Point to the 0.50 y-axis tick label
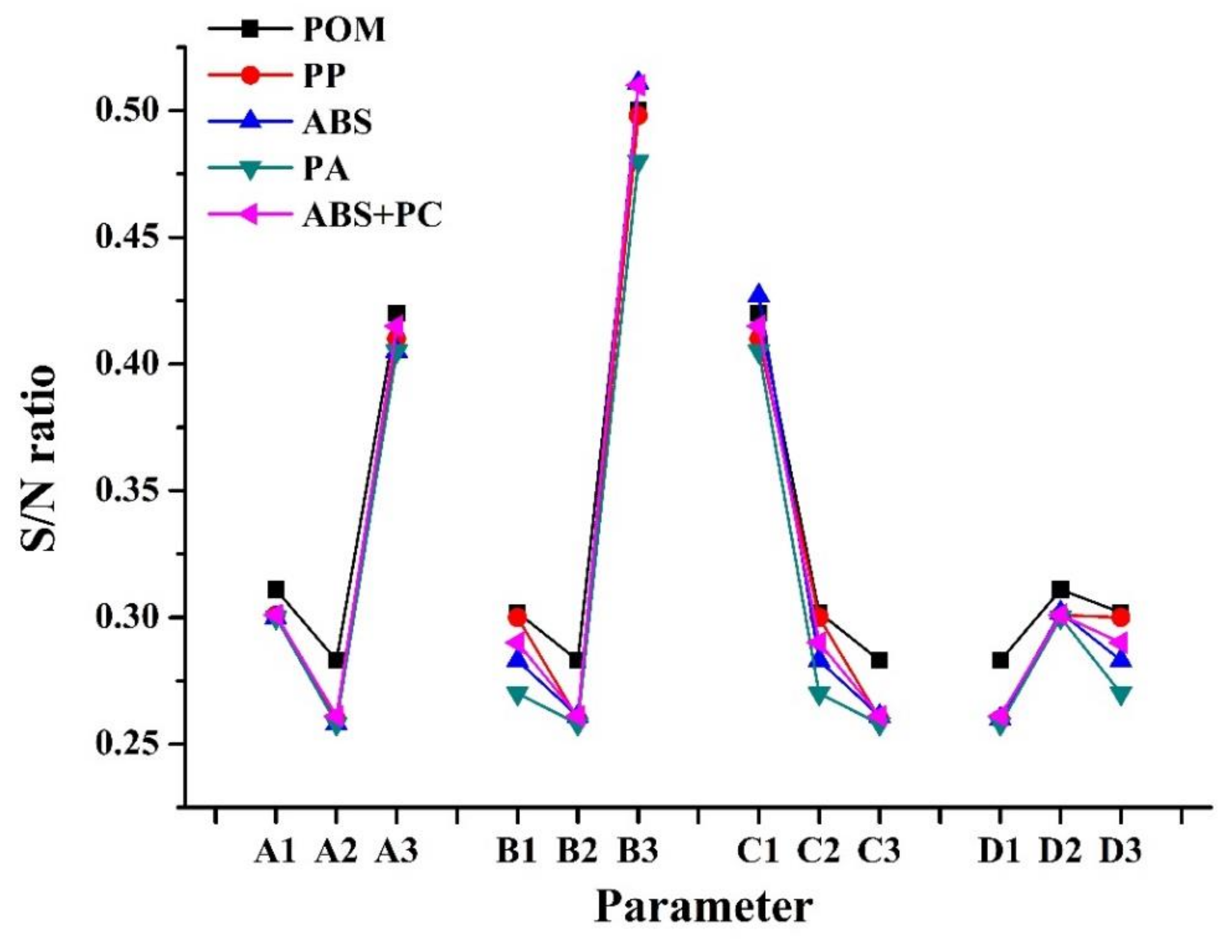pyautogui.click(x=134, y=110)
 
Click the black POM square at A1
pyautogui.click(x=276, y=589)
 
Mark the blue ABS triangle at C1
pyautogui.click(x=759, y=293)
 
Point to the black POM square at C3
pyautogui.click(x=879, y=660)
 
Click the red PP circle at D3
pyautogui.click(x=1120, y=617)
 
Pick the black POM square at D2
pyautogui.click(x=1060, y=589)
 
